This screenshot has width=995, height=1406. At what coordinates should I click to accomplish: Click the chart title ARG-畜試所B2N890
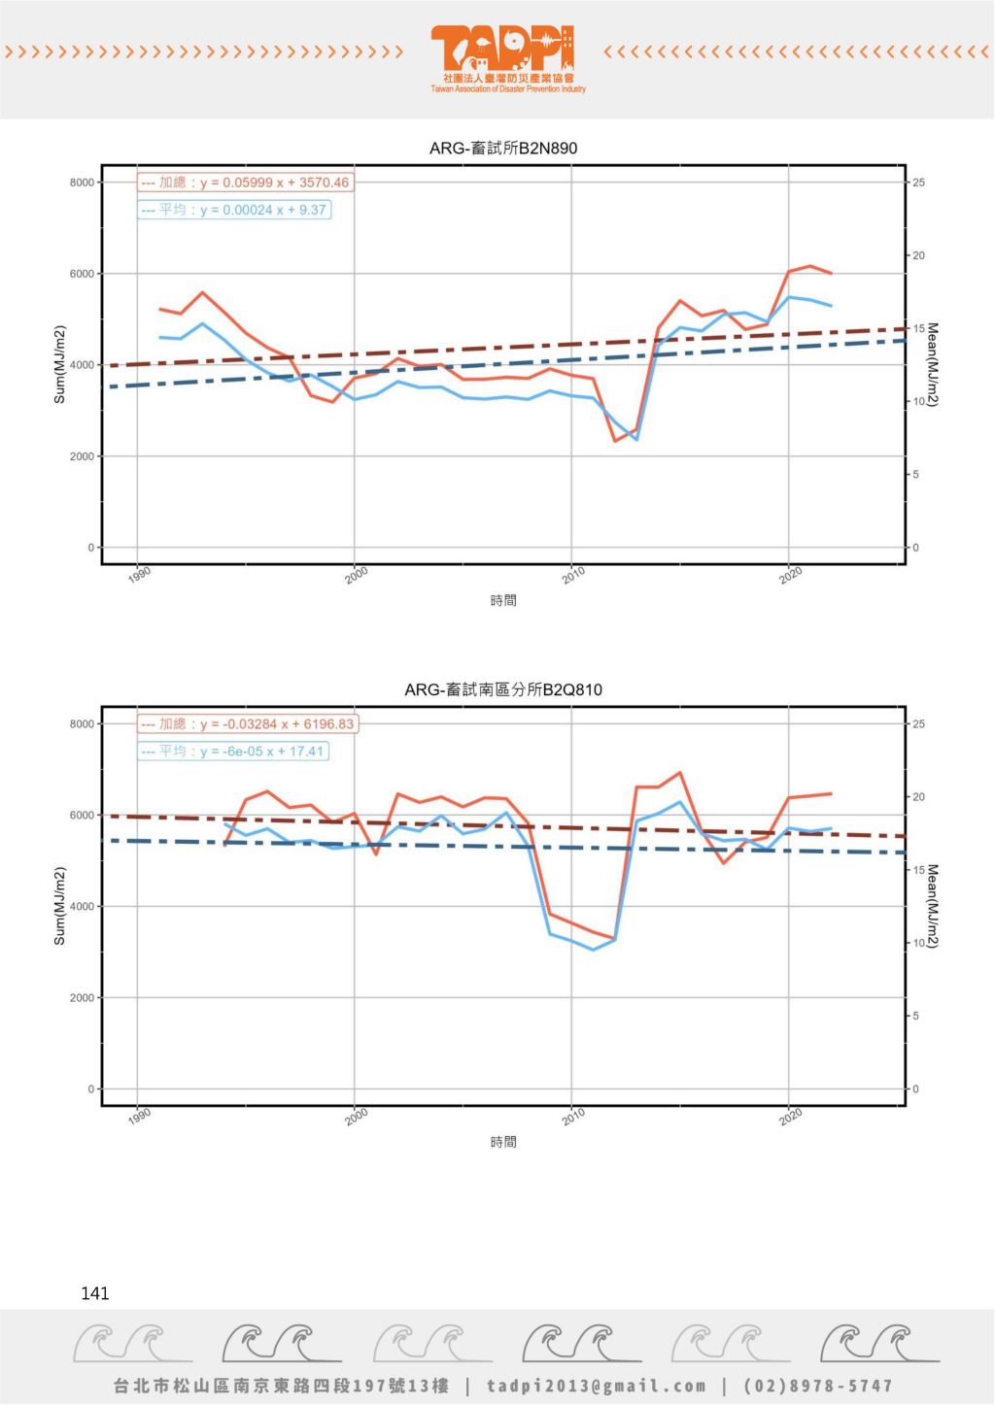tap(503, 149)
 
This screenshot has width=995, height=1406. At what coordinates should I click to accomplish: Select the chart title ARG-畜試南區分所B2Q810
tap(503, 690)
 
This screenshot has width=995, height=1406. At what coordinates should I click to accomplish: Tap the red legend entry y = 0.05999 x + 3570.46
tap(245, 183)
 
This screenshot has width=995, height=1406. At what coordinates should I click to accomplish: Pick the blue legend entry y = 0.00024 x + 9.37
tap(234, 210)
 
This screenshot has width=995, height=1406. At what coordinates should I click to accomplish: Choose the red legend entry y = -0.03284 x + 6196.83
tap(247, 724)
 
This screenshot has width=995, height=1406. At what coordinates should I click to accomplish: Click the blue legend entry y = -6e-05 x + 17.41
tap(233, 752)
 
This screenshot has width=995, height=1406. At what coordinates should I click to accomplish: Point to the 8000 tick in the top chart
tap(82, 183)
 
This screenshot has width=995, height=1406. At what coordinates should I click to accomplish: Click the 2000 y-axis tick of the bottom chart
tap(82, 998)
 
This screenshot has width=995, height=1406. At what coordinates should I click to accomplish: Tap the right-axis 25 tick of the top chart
tap(919, 183)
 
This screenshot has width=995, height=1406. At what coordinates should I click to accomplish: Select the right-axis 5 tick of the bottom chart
tap(916, 1017)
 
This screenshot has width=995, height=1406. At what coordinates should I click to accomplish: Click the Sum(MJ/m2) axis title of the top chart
tap(59, 365)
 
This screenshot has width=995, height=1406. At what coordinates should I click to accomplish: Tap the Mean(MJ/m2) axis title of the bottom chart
tap(932, 907)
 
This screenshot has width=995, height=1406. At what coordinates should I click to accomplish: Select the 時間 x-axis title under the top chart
tap(503, 601)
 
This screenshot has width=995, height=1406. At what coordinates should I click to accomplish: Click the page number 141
tap(95, 1293)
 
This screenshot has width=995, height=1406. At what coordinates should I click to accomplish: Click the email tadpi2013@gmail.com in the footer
tap(597, 1386)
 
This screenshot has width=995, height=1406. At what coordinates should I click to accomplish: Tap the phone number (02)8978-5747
tap(818, 1386)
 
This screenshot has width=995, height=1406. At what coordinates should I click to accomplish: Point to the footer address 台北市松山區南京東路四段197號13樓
tap(282, 1386)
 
